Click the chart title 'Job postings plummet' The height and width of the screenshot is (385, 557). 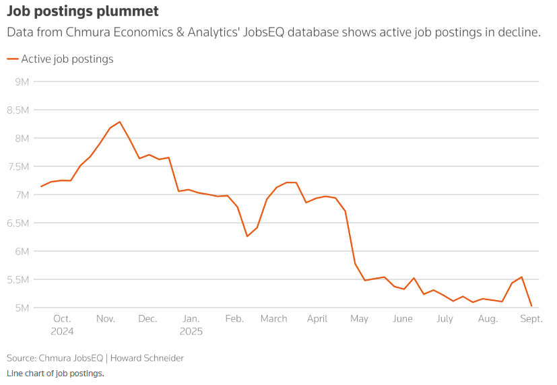(x=84, y=11)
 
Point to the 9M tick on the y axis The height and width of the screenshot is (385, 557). (x=21, y=82)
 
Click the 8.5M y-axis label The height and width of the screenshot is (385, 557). (x=18, y=110)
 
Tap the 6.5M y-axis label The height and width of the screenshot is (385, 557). (x=18, y=223)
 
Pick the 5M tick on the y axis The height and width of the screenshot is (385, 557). (x=21, y=308)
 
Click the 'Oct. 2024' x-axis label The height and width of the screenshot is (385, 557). (x=61, y=324)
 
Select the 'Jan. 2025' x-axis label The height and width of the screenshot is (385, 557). (x=191, y=324)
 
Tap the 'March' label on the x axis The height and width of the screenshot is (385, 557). (x=273, y=319)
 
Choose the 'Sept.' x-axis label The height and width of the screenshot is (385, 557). (x=531, y=319)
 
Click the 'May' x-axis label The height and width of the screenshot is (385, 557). (x=359, y=319)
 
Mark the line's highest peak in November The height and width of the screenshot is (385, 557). (x=120, y=122)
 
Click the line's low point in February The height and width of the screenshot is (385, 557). (x=247, y=236)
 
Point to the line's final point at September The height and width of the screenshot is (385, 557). (x=531, y=306)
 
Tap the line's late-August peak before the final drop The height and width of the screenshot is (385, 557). (x=521, y=277)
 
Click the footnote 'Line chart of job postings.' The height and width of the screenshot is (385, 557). (x=55, y=373)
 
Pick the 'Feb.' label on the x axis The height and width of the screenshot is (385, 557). (x=234, y=319)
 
